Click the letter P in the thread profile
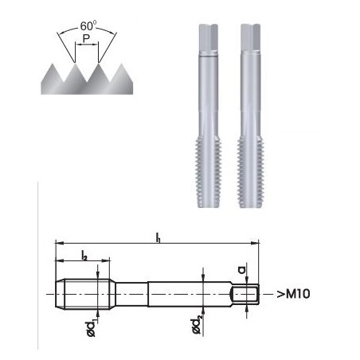[x=86, y=45]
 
